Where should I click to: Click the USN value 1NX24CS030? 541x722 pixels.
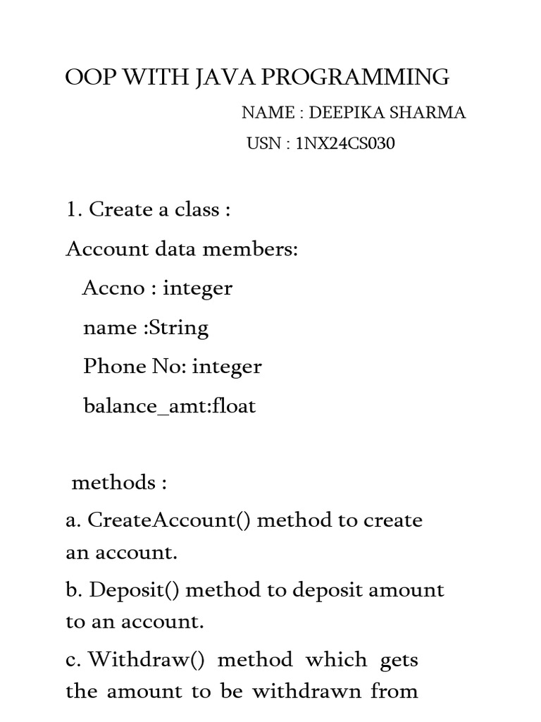346,144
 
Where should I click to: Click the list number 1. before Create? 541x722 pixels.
74,210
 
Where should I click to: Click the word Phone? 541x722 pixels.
113,367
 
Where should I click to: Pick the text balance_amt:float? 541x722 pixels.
169,407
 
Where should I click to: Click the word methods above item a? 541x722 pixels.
113,483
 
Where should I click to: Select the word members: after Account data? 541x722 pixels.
254,250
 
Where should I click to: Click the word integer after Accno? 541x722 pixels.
197,288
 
